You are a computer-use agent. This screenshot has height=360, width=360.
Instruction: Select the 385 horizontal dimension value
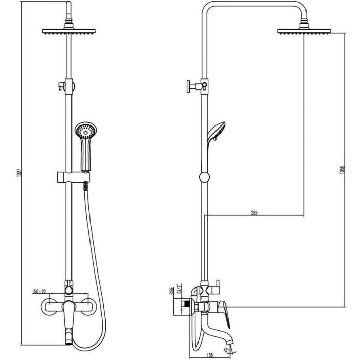click(254, 213)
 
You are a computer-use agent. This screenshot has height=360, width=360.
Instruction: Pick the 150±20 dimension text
click(39, 291)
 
